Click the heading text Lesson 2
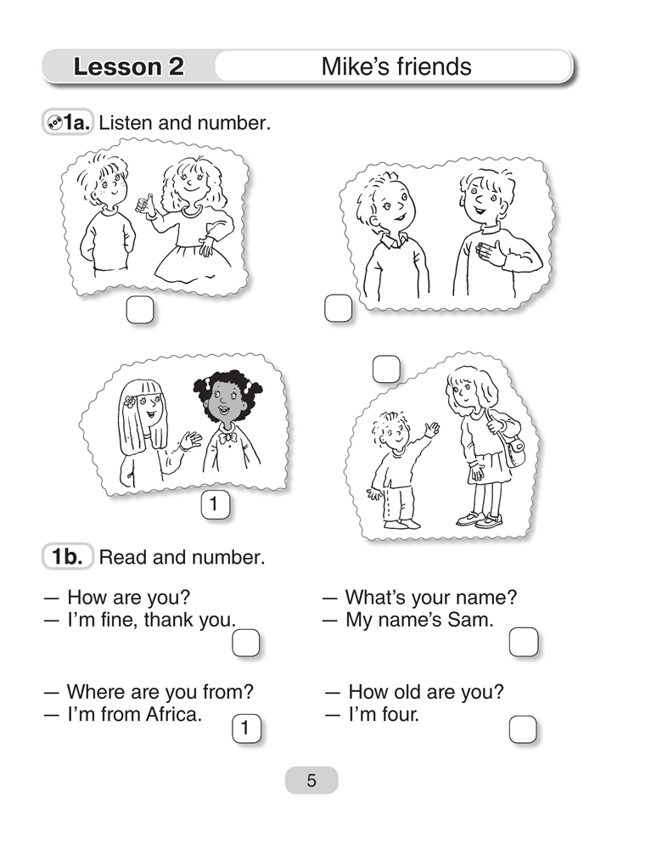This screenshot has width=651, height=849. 129,66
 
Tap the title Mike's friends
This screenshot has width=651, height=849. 396,66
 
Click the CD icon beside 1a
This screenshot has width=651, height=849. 54,123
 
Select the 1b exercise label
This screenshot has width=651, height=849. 68,557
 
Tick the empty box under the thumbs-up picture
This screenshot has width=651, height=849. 139,310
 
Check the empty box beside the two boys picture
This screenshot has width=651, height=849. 338,308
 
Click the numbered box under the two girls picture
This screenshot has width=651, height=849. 215,504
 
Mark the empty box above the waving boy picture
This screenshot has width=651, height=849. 386,368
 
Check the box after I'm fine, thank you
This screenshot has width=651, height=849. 245,643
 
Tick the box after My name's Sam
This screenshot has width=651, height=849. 524,642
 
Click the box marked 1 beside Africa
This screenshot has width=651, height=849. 246,728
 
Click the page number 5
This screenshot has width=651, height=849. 311,780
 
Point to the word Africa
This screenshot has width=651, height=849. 173,714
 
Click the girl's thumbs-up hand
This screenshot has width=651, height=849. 143,204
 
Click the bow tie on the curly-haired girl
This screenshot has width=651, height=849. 227,437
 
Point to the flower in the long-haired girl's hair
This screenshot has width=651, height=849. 128,402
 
